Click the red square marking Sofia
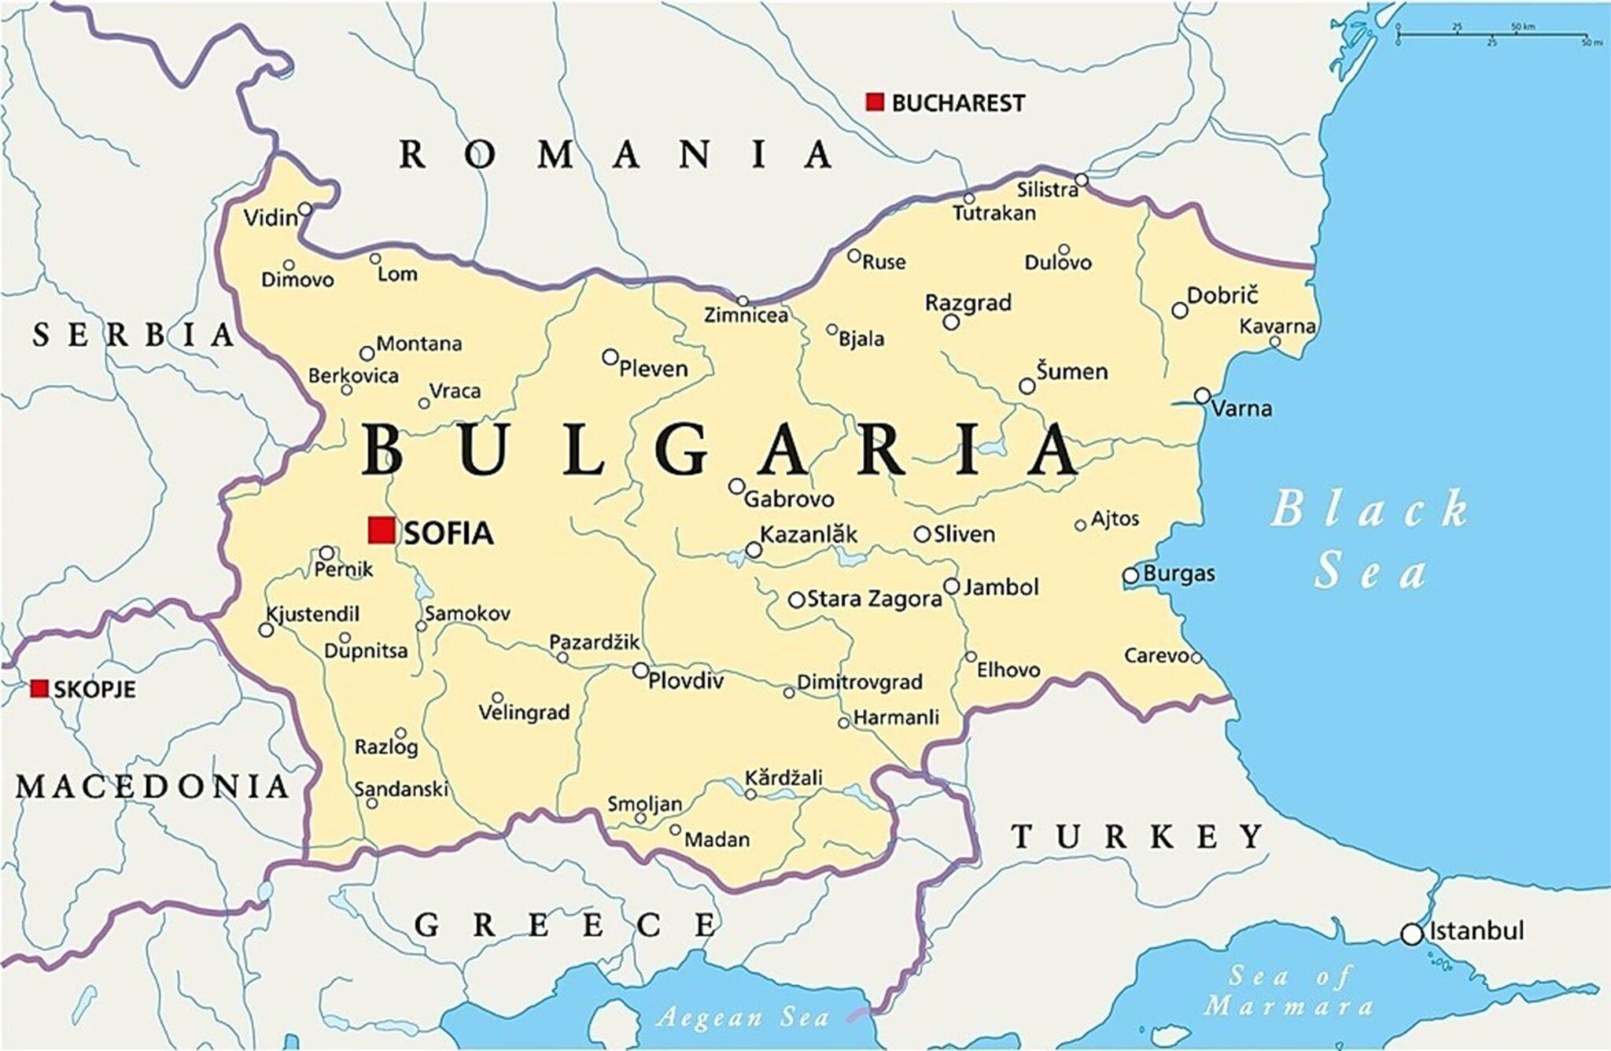coord(382,530)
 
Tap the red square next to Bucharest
coord(875,101)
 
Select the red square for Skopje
coord(39,688)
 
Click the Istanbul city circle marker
coord(1412,934)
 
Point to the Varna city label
coord(1241,408)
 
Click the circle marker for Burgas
coord(1130,575)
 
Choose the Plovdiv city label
coord(685,680)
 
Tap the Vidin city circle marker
coord(305,208)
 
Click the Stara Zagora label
coord(874,599)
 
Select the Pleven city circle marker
coord(610,357)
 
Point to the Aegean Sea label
coord(743,1018)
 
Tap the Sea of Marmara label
coord(1290,991)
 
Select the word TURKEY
coord(1137,836)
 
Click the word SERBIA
coord(134,336)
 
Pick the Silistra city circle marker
coord(1082,180)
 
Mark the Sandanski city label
coord(401,788)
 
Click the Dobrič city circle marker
coord(1180,310)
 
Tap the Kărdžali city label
coord(783,777)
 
